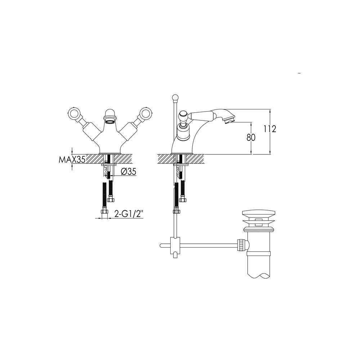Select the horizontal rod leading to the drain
[209, 246]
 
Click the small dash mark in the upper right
[300, 73]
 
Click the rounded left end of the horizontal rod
[161, 246]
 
